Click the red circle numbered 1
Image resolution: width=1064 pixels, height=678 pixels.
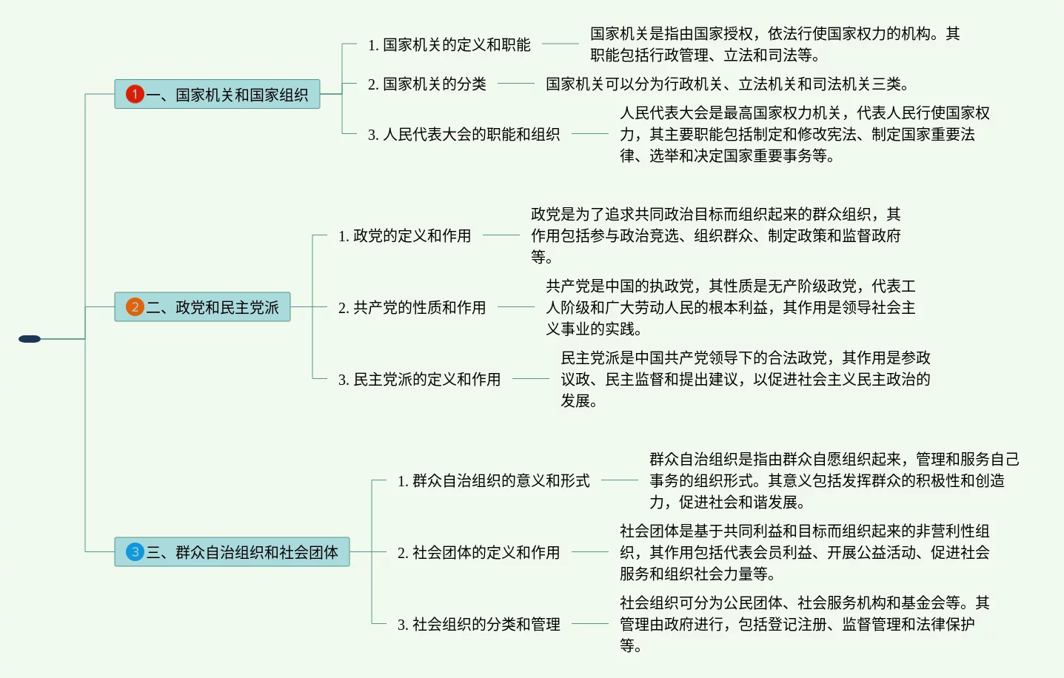coord(134,94)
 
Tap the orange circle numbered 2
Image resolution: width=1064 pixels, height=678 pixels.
coord(134,306)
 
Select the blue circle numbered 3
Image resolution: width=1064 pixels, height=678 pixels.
coord(134,551)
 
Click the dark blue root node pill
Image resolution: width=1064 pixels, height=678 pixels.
coord(30,339)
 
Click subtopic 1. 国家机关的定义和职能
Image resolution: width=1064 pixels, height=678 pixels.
coord(449,44)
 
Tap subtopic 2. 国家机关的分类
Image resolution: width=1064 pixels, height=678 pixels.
coord(426,84)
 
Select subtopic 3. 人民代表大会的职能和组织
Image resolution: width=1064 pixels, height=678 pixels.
coord(464,134)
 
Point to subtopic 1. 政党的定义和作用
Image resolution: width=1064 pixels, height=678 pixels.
coord(404,235)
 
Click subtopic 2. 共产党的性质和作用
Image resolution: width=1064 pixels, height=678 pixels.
coord(412,307)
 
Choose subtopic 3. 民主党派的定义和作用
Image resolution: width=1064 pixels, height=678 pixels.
coord(419,379)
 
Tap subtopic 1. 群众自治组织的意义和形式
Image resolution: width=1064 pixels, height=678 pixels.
coord(493,480)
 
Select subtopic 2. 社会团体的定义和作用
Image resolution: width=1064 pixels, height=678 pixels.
coord(478,552)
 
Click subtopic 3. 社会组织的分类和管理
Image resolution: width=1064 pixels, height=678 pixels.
coord(478,624)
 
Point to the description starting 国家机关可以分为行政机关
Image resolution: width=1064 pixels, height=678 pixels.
coord(727,84)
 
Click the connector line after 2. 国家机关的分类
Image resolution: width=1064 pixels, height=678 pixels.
coord(515,84)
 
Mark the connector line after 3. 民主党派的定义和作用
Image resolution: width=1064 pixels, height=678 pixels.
coord(530,379)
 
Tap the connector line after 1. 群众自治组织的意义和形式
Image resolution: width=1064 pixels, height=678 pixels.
coord(619,480)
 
